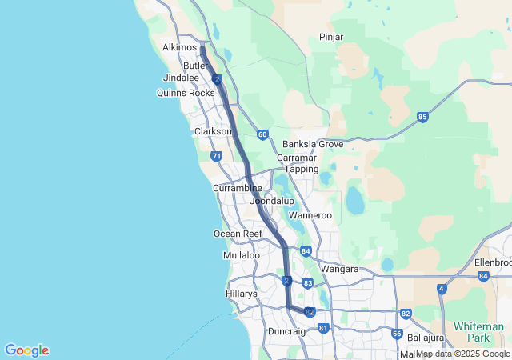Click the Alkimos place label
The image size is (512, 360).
tap(179, 47)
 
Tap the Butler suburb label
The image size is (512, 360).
tap(195, 66)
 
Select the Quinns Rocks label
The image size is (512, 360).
tap(186, 93)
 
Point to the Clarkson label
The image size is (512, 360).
tap(213, 131)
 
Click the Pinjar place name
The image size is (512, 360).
tap(331, 37)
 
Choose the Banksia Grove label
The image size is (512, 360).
tap(313, 145)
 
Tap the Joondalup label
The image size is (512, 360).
tap(272, 201)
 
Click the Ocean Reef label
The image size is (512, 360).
tap(238, 234)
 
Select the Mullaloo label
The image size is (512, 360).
tap(241, 255)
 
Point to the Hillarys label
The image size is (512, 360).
tap(241, 294)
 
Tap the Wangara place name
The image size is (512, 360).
tap(339, 270)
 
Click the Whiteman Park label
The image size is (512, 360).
tap(478, 332)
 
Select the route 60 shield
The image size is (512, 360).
tap(262, 134)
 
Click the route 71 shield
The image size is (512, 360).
tap(216, 156)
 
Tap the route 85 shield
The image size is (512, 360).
tap(422, 118)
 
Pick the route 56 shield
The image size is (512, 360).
tap(397, 334)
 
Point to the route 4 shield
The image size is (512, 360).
tap(442, 289)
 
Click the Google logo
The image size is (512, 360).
tap(26, 350)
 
